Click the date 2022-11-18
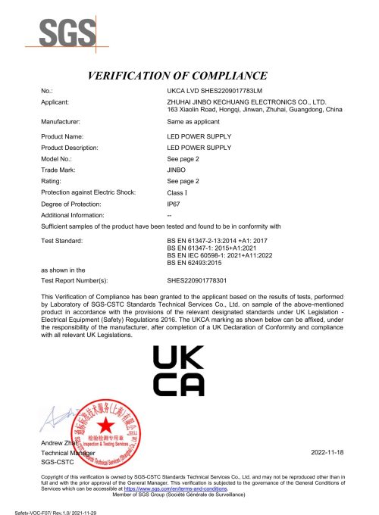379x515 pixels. (x=327, y=451)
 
